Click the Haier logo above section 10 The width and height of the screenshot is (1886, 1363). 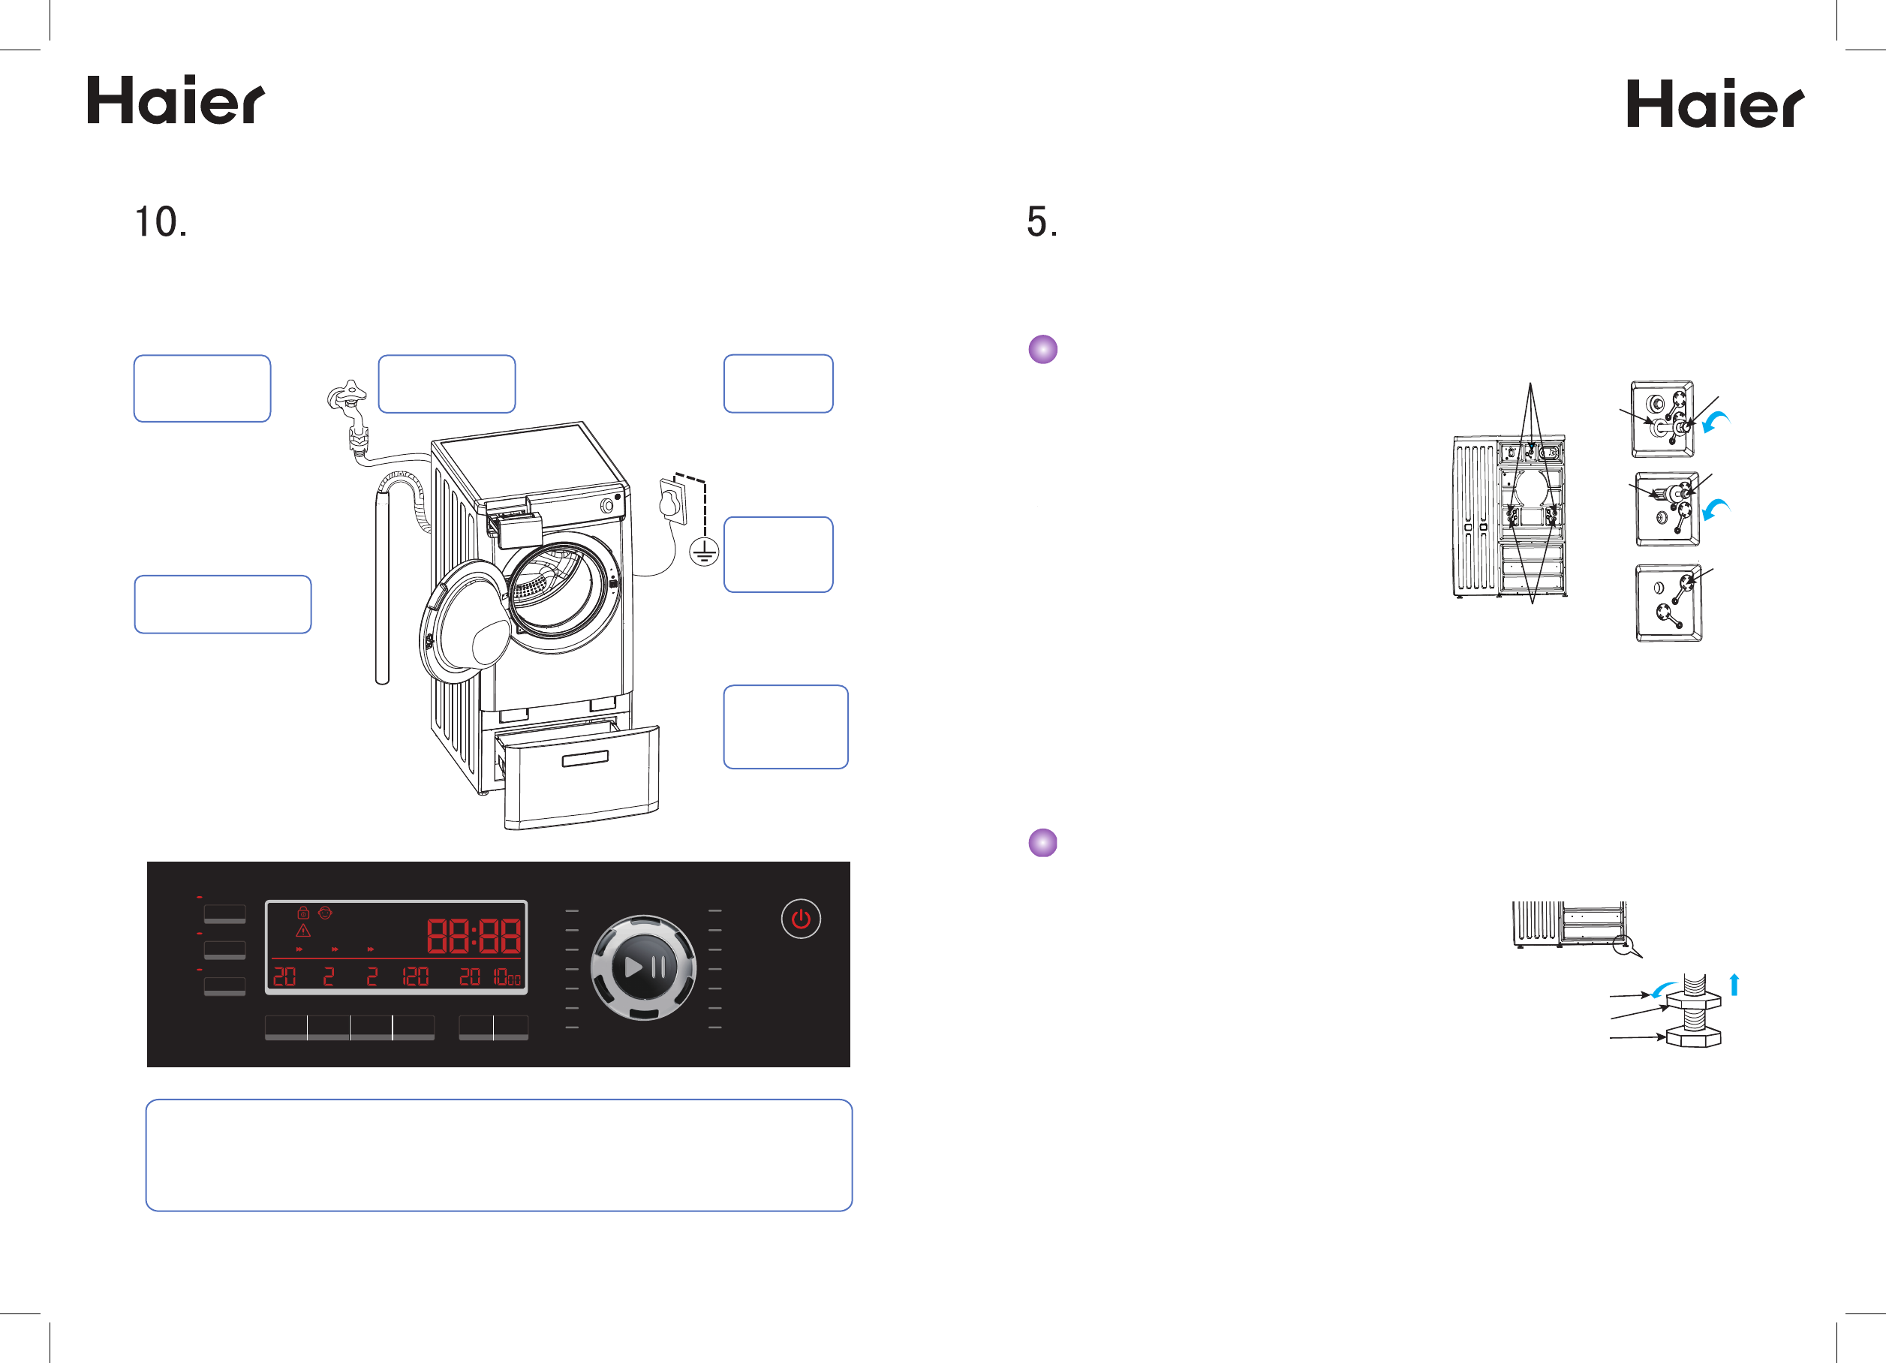176,101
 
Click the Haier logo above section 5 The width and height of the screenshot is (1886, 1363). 1715,104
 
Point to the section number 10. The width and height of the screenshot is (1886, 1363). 161,222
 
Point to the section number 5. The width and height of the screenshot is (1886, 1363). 1041,222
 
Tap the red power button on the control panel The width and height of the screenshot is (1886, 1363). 800,919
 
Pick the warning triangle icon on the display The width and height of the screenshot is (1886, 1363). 303,931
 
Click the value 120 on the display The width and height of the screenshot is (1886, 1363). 415,976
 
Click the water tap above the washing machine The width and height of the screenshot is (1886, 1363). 347,399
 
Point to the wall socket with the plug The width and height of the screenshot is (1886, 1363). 672,501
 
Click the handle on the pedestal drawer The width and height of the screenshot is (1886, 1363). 585,758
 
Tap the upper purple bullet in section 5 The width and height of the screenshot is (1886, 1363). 1042,349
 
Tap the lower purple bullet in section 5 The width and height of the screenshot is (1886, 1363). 1042,842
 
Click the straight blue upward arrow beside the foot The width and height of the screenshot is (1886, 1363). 1734,985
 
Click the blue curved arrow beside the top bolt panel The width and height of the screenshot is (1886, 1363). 1716,422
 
